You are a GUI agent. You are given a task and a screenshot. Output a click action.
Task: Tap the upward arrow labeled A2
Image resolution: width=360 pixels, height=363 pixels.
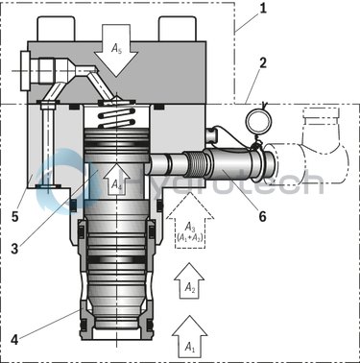pyautogui.click(x=191, y=281)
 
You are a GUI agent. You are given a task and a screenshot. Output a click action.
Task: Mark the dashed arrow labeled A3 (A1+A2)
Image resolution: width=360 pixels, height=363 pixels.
pyautogui.click(x=192, y=227)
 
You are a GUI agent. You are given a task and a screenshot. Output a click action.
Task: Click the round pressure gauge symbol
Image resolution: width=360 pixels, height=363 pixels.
pyautogui.click(x=255, y=119)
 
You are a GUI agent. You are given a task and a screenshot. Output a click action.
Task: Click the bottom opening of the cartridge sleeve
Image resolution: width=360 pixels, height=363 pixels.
pyautogui.click(x=114, y=351)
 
